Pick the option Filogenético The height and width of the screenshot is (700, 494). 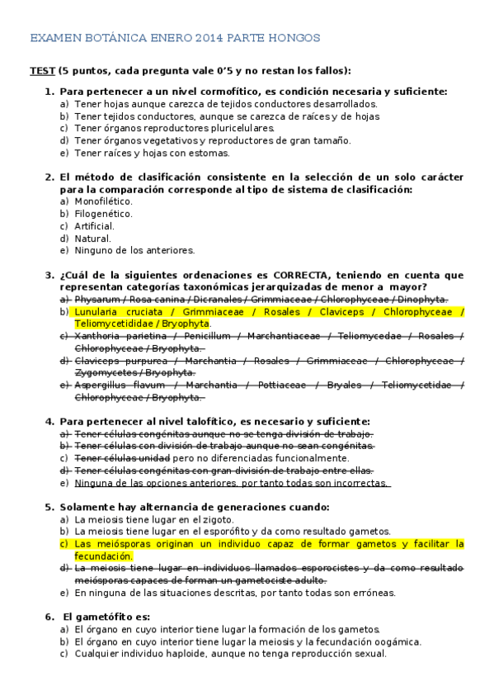pos(103,214)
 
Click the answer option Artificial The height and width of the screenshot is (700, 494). pos(94,226)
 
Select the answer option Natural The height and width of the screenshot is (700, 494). pos(92,239)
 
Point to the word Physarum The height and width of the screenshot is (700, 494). pos(96,299)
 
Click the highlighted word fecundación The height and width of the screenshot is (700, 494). pos(104,556)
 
